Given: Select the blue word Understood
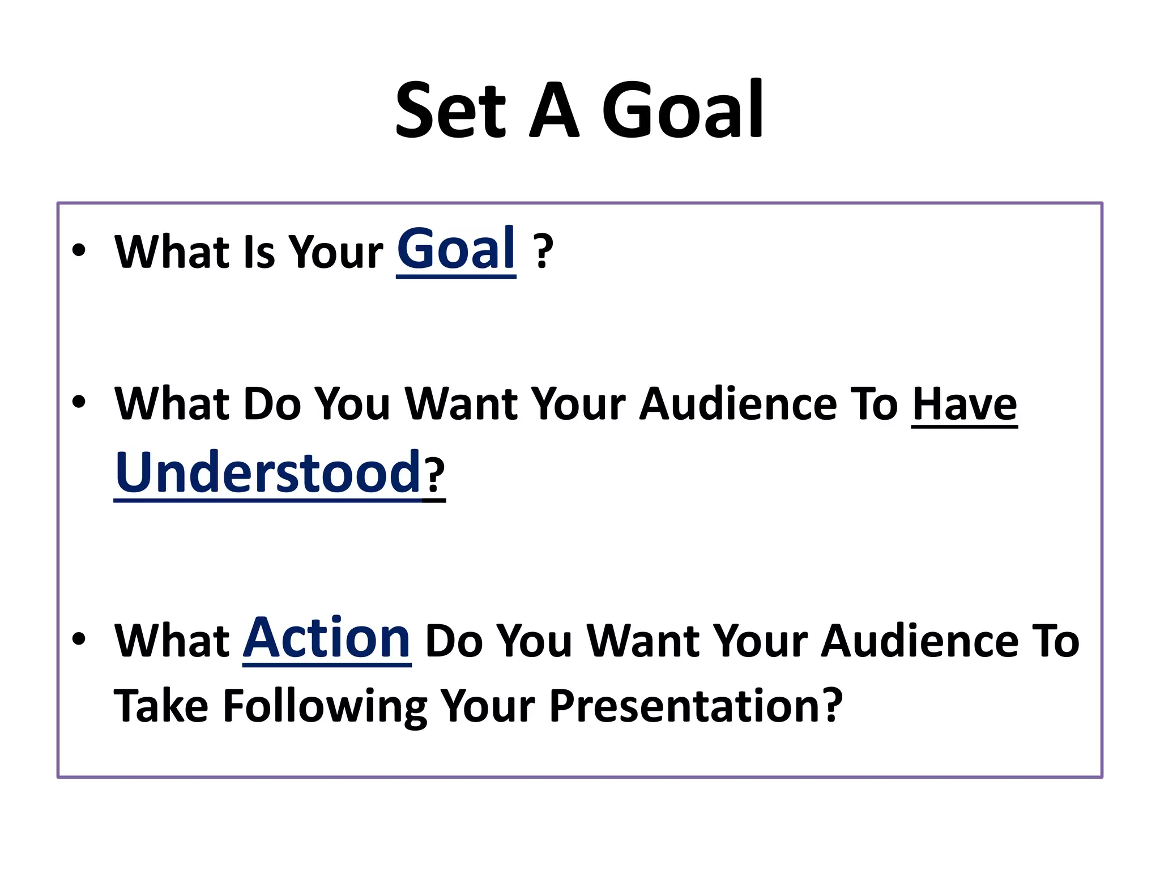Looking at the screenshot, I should [267, 472].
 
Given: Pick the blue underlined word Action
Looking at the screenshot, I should [327, 638].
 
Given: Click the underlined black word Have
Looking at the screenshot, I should [964, 404].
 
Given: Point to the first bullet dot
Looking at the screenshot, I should [79, 250].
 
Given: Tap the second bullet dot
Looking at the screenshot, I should [79, 402].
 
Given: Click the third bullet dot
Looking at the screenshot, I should [79, 638].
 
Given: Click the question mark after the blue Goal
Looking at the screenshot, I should [543, 252].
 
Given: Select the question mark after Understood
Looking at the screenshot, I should [435, 476].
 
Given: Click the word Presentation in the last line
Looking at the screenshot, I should [696, 706].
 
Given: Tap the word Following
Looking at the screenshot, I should [325, 706].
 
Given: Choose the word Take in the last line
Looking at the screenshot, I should [161, 706].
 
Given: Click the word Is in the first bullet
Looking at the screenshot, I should [259, 252].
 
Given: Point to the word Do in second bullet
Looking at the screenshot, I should [272, 404].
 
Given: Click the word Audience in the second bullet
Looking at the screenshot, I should [739, 404].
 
